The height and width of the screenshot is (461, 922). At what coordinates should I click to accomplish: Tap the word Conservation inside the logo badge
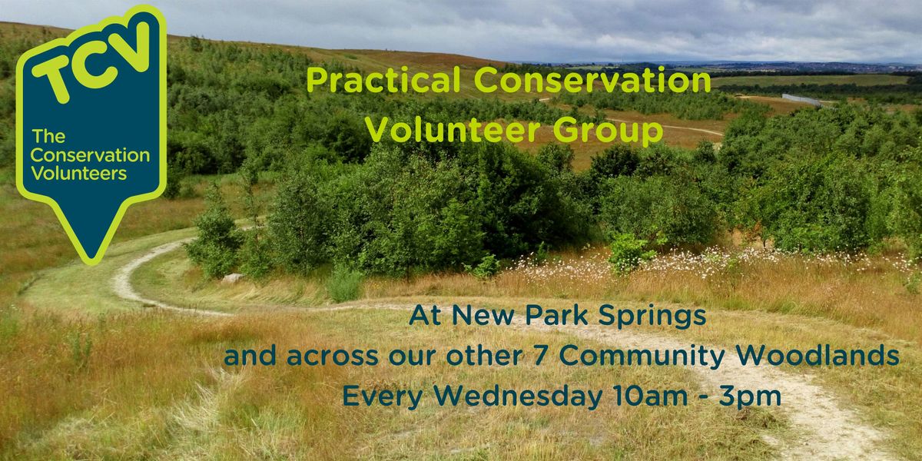pos(90,155)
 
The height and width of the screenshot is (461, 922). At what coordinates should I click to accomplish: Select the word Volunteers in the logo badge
pos(78,174)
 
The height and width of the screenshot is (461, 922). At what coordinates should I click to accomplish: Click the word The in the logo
pos(48,136)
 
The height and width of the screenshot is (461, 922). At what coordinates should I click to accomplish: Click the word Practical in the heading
pos(383,80)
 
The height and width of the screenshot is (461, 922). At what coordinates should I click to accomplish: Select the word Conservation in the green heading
pos(592,80)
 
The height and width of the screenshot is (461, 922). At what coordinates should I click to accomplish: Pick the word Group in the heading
pos(608,131)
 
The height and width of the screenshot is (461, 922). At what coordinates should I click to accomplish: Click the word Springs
pos(652,317)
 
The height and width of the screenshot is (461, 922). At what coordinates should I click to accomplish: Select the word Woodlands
pos(817,356)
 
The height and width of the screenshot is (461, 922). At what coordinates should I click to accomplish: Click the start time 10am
pos(649,396)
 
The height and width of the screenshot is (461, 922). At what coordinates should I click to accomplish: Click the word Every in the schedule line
pos(383,396)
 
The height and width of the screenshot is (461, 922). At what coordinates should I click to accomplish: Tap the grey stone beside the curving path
pos(233,278)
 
